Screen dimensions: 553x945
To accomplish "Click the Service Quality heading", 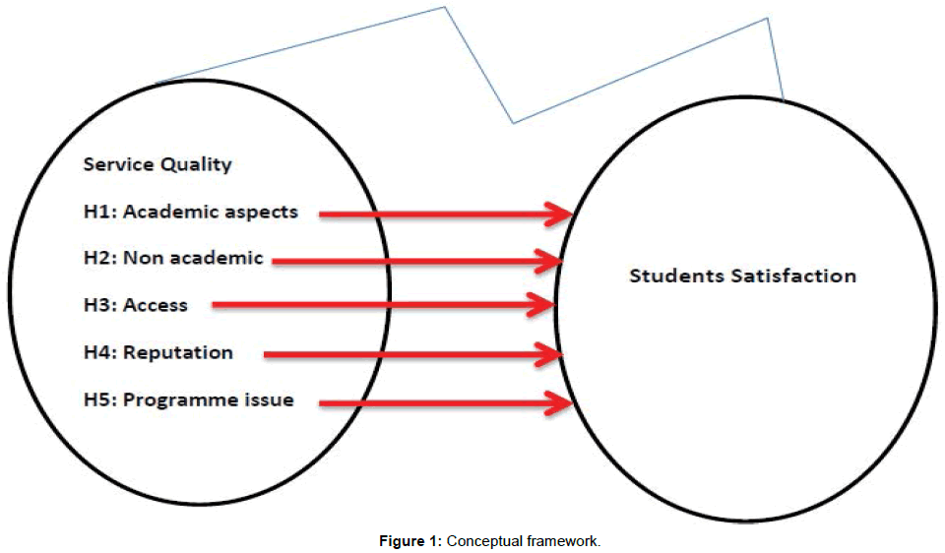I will click(157, 164).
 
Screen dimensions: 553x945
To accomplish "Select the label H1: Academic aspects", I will click(190, 212).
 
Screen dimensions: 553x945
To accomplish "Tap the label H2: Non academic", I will click(173, 259).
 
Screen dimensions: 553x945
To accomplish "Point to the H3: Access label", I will click(135, 305).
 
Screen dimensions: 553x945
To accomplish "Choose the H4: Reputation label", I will click(158, 352).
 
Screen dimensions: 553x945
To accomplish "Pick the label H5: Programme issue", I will click(188, 399).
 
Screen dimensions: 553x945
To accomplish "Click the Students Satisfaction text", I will click(742, 276).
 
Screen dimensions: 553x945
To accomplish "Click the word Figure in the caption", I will click(408, 539).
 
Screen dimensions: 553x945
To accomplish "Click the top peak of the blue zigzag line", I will click(445, 8).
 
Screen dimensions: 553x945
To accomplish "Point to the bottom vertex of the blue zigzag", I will click(514, 123).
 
